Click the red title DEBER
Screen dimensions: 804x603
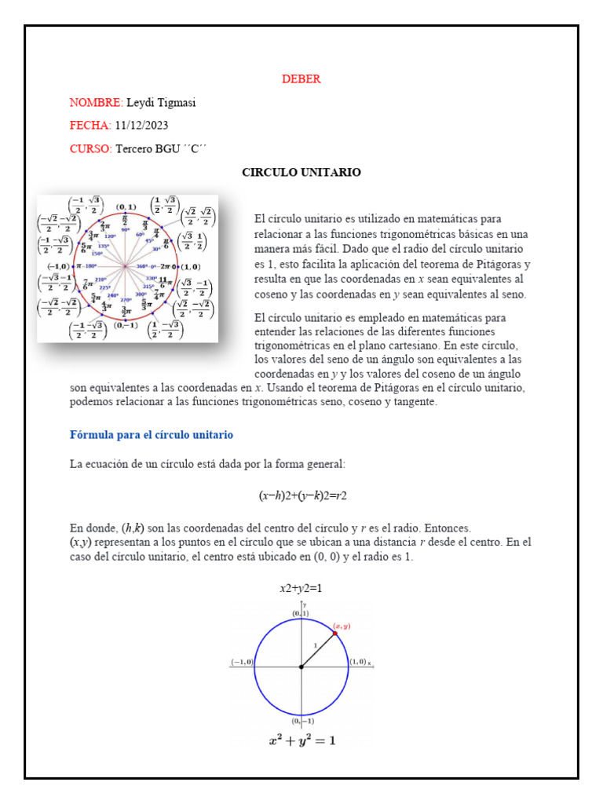pyautogui.click(x=301, y=79)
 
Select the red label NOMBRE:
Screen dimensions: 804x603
pyautogui.click(x=96, y=103)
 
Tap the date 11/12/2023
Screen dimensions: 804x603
pyautogui.click(x=141, y=126)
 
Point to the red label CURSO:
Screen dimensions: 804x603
pyautogui.click(x=90, y=148)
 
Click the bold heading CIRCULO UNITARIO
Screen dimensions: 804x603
pyautogui.click(x=301, y=172)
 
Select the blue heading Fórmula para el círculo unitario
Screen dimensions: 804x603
pyautogui.click(x=152, y=435)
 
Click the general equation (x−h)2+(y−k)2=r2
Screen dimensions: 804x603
pyautogui.click(x=302, y=496)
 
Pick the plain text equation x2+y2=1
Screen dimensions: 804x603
pyautogui.click(x=301, y=588)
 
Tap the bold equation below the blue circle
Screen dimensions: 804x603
pyautogui.click(x=302, y=740)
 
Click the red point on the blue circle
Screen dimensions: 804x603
pyautogui.click(x=335, y=633)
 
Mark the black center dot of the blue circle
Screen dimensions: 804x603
pyautogui.click(x=301, y=667)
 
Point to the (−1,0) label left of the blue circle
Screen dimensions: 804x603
pyautogui.click(x=242, y=662)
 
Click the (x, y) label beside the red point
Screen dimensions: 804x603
pyautogui.click(x=342, y=626)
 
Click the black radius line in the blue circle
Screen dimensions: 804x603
pyautogui.click(x=318, y=650)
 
